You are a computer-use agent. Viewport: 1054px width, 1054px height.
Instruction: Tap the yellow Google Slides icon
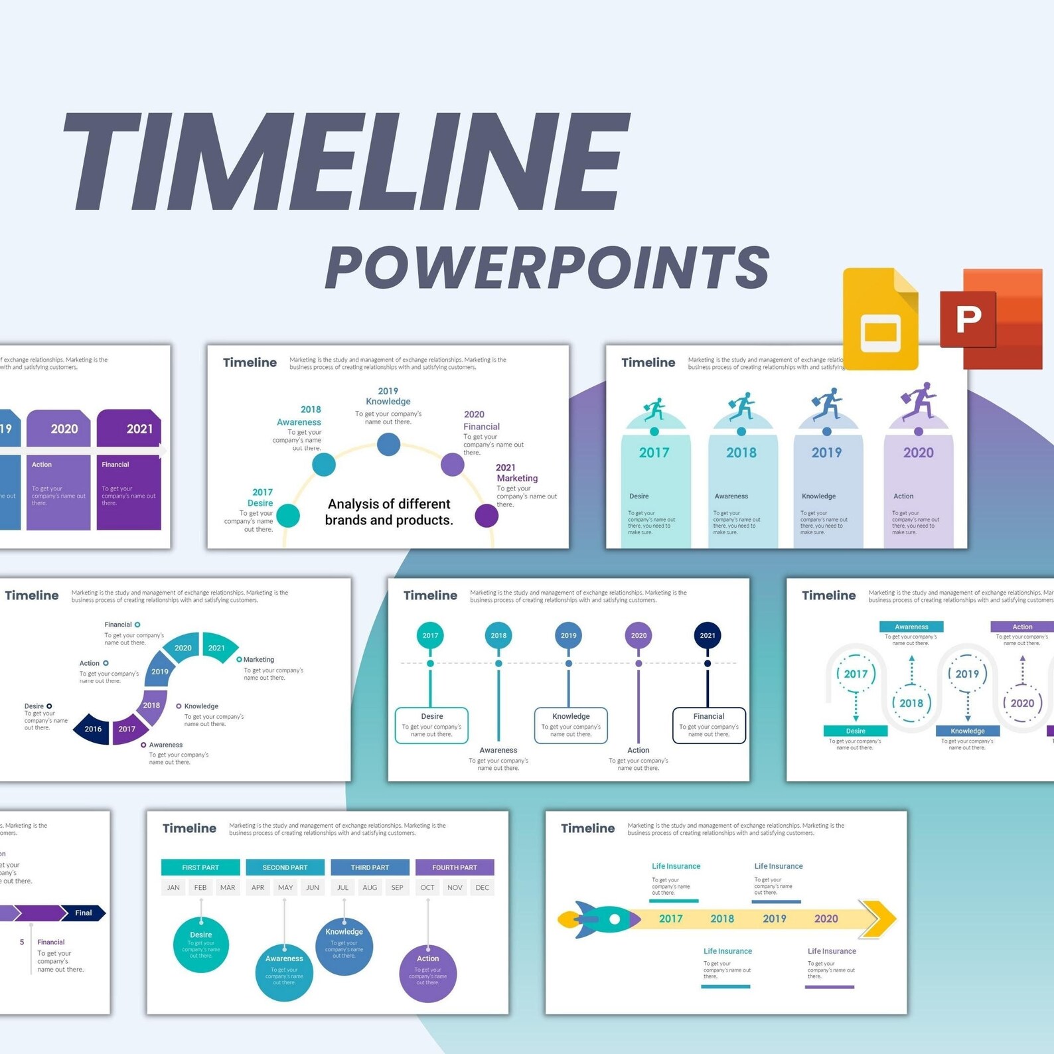point(880,319)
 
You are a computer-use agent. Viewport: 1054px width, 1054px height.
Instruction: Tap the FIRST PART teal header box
point(200,867)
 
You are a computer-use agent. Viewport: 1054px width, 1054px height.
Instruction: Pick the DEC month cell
point(483,887)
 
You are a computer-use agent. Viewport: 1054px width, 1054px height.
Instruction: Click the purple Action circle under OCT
point(428,973)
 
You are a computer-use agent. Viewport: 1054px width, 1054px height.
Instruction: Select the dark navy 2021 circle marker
point(708,635)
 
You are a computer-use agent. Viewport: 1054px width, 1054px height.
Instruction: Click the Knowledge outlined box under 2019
point(571,725)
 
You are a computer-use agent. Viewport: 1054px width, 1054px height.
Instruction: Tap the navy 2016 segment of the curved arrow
point(92,729)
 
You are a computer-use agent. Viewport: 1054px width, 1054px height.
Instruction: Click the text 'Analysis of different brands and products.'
point(389,512)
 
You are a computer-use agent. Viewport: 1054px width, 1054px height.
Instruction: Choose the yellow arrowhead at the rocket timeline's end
point(879,919)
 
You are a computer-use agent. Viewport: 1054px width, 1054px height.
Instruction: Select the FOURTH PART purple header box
point(455,867)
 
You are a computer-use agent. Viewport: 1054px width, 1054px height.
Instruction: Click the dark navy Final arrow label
point(83,913)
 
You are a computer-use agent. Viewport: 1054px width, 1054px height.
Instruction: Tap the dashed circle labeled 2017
point(856,674)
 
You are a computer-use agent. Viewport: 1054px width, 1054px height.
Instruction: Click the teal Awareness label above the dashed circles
point(911,627)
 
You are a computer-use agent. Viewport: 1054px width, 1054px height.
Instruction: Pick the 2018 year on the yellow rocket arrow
point(722,919)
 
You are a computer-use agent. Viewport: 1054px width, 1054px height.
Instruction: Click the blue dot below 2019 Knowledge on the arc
point(388,444)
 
